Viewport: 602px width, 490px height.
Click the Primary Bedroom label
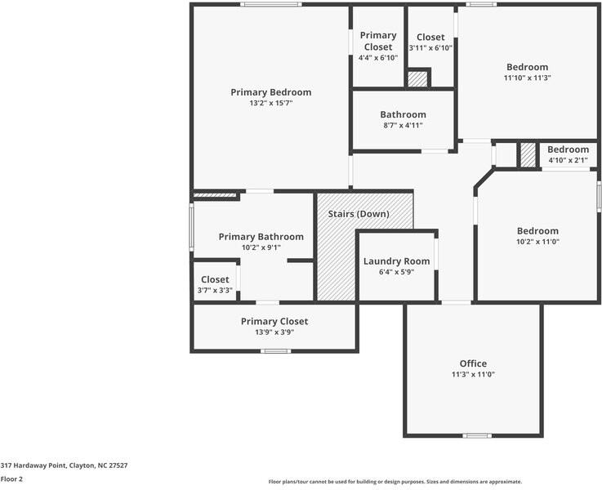click(x=270, y=92)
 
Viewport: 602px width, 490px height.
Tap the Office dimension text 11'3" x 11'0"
click(x=473, y=375)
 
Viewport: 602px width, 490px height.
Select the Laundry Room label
click(x=396, y=261)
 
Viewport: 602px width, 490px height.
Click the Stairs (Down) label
click(x=359, y=214)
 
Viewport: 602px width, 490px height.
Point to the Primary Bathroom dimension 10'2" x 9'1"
click(x=261, y=247)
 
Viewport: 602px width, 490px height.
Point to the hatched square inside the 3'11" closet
click(x=417, y=79)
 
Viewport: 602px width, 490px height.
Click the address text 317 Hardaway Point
click(x=64, y=465)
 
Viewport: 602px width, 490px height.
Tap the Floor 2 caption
click(x=11, y=479)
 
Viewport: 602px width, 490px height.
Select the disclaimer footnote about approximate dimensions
click(x=395, y=482)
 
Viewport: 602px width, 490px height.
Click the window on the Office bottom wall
click(x=476, y=435)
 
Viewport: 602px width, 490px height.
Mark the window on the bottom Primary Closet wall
click(x=275, y=351)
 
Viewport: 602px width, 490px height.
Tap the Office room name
click(x=473, y=363)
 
